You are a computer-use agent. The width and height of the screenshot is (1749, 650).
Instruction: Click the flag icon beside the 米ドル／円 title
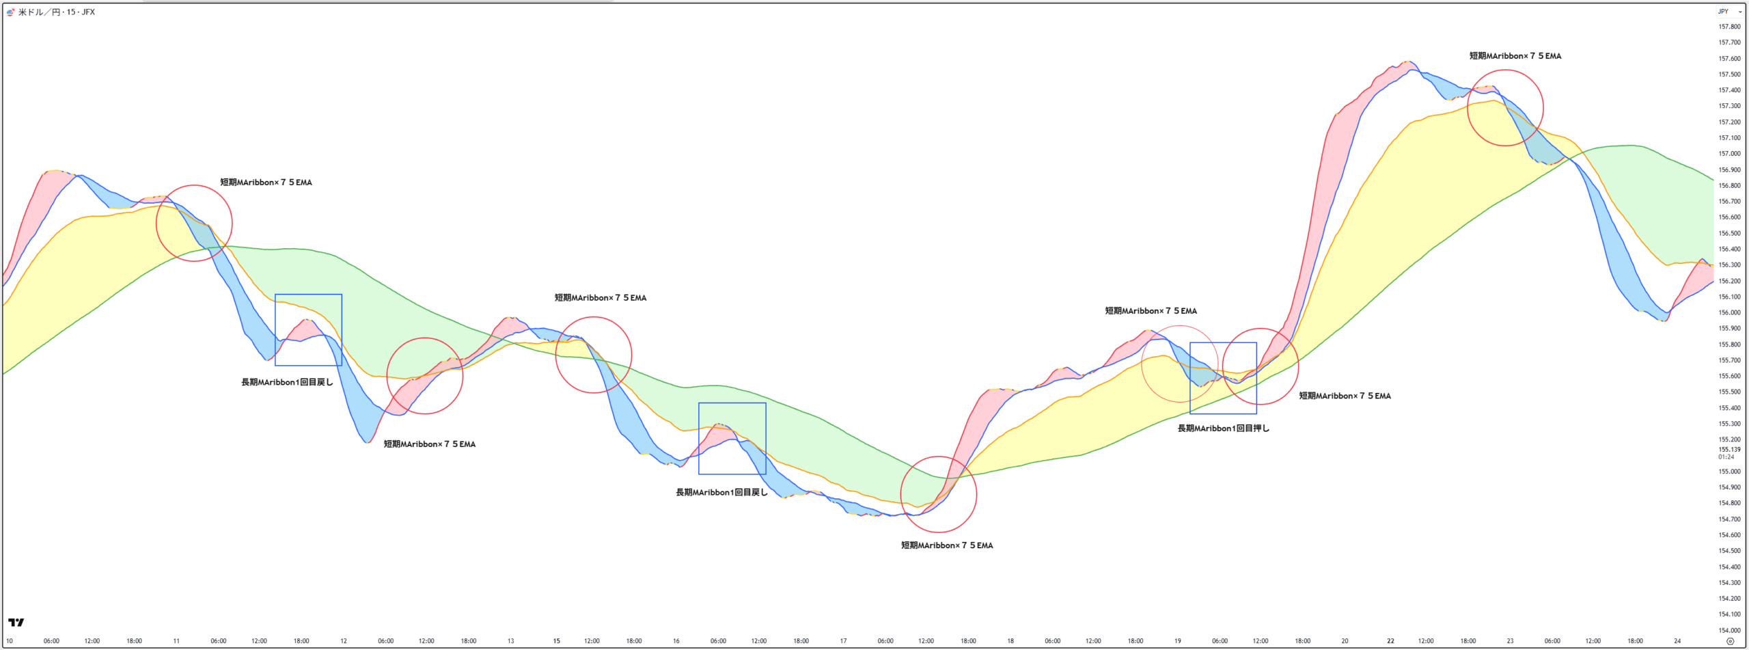click(10, 12)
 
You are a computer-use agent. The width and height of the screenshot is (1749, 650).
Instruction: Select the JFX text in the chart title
click(88, 12)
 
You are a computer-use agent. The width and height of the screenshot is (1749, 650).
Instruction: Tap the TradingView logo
click(16, 622)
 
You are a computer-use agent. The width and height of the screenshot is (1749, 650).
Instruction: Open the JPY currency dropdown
click(1729, 12)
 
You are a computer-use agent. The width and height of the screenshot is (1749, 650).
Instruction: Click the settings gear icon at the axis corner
click(1730, 641)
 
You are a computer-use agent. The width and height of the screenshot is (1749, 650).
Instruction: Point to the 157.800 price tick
click(1729, 27)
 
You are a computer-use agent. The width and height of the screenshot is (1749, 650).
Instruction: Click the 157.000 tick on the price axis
click(1729, 154)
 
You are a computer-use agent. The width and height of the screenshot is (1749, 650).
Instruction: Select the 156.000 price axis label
click(1729, 312)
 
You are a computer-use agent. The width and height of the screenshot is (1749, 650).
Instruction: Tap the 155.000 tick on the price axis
click(1729, 472)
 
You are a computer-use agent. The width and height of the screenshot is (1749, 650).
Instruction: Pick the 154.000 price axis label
click(1729, 630)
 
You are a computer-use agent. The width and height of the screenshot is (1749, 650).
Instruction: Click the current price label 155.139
click(1729, 450)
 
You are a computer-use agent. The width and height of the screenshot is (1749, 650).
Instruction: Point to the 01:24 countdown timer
click(1726, 457)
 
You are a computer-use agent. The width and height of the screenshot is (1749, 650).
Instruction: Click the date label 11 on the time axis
click(176, 641)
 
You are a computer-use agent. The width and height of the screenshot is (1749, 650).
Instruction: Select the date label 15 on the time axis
click(557, 641)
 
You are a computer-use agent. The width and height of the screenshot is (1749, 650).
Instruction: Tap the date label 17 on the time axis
click(843, 641)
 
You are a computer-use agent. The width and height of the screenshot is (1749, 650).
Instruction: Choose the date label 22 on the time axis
click(1390, 641)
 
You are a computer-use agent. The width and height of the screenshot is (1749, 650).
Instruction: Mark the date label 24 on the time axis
click(1677, 641)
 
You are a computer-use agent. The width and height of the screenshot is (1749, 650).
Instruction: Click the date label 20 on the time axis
click(1345, 641)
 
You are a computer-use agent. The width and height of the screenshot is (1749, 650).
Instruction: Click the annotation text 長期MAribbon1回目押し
click(1223, 429)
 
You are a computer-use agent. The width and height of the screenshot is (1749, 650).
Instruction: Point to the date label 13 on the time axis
click(510, 641)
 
